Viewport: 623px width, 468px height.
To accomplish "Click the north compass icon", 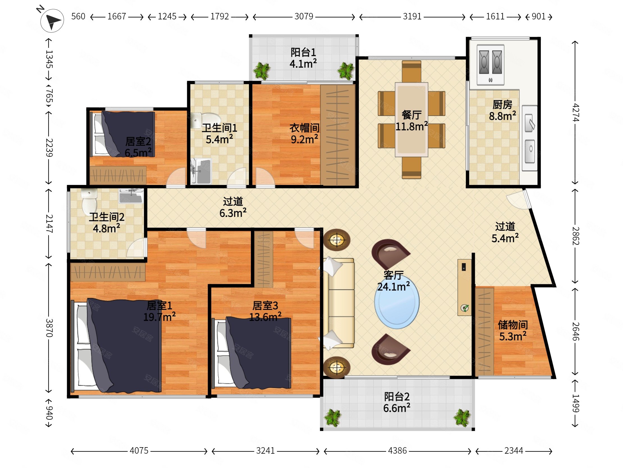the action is click(52, 20).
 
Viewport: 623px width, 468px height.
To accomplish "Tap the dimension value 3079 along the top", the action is click(304, 16).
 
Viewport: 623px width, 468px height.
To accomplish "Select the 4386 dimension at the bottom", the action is click(397, 451).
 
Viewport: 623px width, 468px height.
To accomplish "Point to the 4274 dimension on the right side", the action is click(575, 112).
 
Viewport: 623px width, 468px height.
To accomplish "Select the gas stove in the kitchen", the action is click(490, 64).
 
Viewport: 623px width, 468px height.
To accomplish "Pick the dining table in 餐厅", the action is click(411, 119).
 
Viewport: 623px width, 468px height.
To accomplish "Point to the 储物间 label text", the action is click(513, 325).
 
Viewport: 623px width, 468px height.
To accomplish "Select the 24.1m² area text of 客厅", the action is click(393, 287).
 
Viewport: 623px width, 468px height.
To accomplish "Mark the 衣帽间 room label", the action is click(304, 128).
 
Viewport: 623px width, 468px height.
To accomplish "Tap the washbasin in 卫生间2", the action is click(131, 196).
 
